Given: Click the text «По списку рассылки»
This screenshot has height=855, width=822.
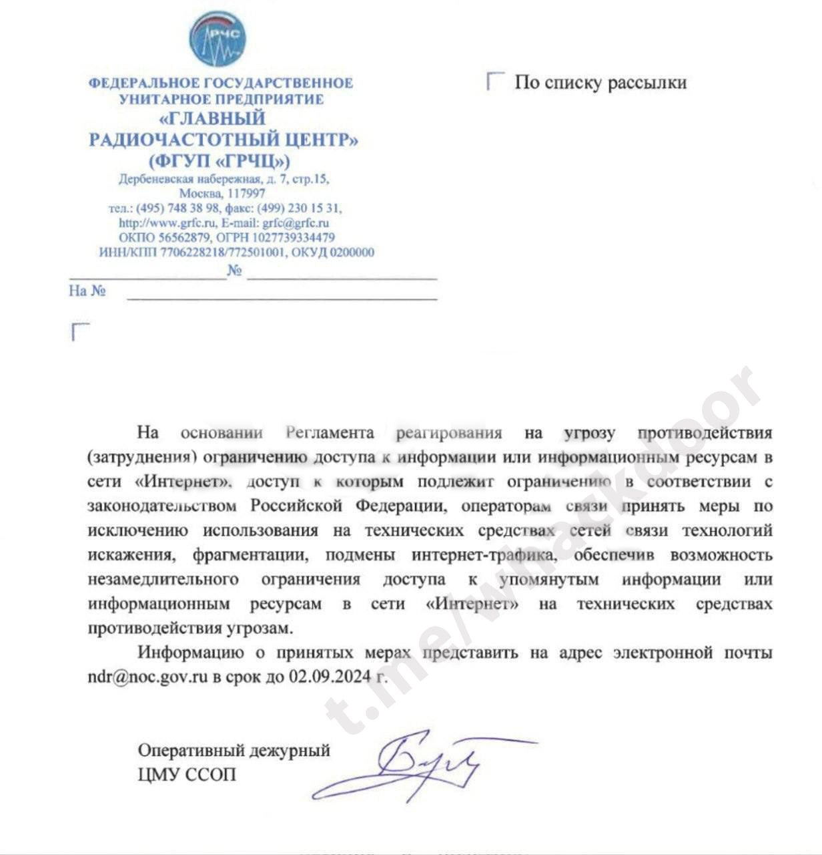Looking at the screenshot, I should coord(600,83).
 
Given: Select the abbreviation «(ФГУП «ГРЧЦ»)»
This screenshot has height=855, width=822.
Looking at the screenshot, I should coord(220,161).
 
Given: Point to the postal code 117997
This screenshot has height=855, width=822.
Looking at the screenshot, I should coord(245,194).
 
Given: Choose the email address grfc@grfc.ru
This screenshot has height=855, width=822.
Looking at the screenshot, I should coord(296,223).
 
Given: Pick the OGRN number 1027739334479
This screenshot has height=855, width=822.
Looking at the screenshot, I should coord(294,238).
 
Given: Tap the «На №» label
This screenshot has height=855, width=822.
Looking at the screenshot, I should coord(87,291).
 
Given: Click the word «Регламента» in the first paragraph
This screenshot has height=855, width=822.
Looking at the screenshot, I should coord(330,432).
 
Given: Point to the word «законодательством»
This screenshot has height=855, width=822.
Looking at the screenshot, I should coord(162,506).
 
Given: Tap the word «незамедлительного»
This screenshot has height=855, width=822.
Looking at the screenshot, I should coord(163,579).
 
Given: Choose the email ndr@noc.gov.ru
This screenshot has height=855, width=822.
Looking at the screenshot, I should coord(148,676).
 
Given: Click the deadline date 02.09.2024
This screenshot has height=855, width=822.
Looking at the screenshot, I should coord(330,676).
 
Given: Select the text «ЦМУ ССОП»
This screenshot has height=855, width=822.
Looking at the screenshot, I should coord(187,775).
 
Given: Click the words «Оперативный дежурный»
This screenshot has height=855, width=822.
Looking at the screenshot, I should coord(234,750).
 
